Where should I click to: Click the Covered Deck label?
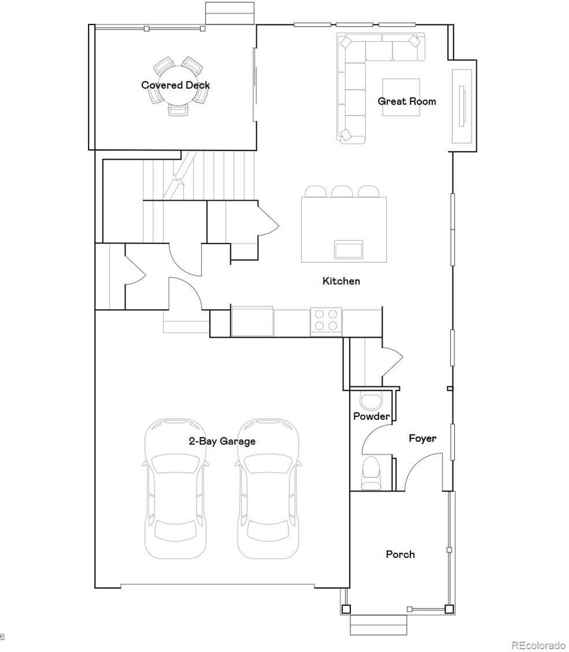(x=176, y=85)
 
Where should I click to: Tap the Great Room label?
(x=407, y=101)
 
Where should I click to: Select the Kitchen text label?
(x=341, y=281)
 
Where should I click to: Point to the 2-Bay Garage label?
(x=222, y=441)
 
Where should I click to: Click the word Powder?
(x=371, y=416)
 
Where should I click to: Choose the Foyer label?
(x=422, y=439)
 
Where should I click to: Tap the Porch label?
(x=400, y=555)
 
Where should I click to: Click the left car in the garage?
(x=175, y=489)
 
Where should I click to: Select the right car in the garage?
(x=268, y=489)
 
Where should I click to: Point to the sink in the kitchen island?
(x=349, y=250)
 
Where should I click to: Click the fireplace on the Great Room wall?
(x=462, y=106)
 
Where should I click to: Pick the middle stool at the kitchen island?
(x=342, y=192)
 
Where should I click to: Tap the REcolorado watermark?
(x=538, y=645)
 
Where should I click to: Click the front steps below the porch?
(x=378, y=625)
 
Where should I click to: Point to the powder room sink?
(x=371, y=401)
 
